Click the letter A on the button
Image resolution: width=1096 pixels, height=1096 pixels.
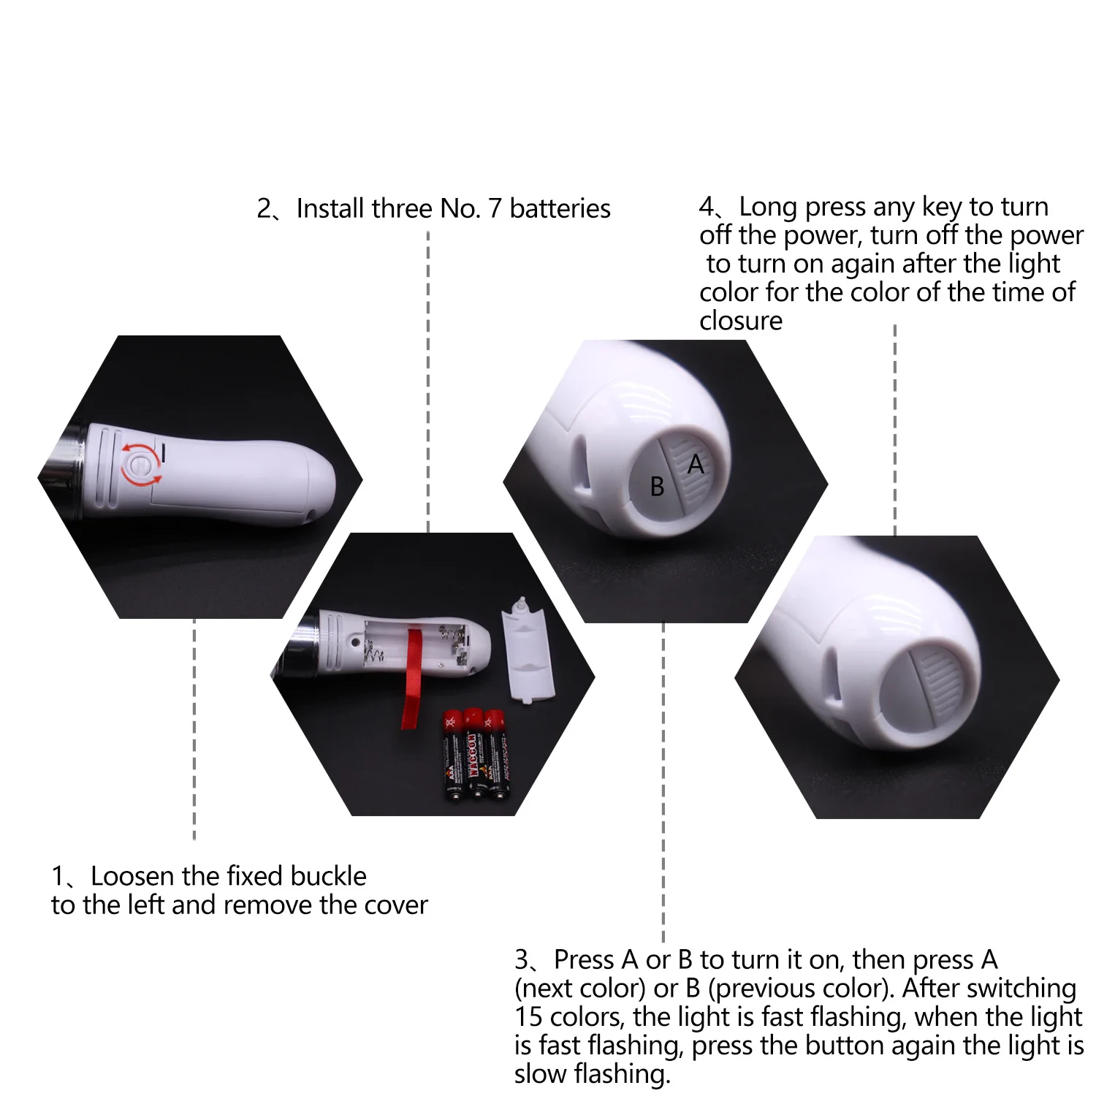pos(696,464)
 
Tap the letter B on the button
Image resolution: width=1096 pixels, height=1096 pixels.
pos(657,487)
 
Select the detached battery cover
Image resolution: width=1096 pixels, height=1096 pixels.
pos(528,650)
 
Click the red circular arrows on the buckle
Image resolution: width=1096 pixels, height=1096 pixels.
pos(141,464)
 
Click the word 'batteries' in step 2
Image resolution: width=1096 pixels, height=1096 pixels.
pos(560,209)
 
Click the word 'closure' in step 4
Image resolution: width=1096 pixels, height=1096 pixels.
pos(741,321)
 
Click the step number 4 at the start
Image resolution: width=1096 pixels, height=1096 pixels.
pos(707,207)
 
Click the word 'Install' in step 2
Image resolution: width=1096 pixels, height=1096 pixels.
pos(330,209)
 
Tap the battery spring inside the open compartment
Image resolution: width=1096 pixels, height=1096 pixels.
pos(374,650)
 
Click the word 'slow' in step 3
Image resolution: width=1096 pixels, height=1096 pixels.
pos(541,1074)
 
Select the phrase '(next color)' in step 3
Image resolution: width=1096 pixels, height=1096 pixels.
pos(580,989)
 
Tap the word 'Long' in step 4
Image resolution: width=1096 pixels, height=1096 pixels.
pos(768,207)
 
